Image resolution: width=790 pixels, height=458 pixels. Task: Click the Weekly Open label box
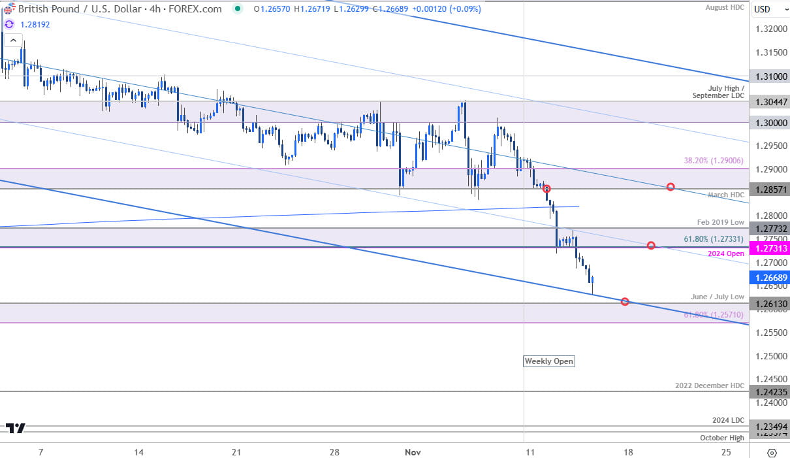coord(549,361)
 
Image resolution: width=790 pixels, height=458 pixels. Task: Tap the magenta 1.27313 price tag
coord(770,248)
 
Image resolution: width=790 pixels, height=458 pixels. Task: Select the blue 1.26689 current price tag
coord(770,278)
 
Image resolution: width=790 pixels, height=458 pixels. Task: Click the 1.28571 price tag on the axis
coord(770,189)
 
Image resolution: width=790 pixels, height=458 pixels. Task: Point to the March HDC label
coord(726,195)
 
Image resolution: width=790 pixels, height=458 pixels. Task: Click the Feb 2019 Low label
coord(721,222)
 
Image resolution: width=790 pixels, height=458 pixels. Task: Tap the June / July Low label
coord(718,297)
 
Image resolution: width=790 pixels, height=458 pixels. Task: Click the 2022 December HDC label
coord(710,385)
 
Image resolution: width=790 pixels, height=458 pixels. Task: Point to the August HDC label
coord(725,7)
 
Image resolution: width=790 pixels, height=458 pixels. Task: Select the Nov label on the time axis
coord(413,452)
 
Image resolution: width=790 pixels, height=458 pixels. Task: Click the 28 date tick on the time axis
coord(334,452)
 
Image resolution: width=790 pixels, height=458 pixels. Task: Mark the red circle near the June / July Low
coord(625,302)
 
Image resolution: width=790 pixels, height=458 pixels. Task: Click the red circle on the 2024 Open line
coord(651,245)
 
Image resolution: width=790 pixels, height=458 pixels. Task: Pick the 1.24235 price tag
coord(770,392)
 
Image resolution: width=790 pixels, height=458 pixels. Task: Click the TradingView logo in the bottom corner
coord(16,429)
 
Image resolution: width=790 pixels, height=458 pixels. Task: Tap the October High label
coord(721,438)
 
